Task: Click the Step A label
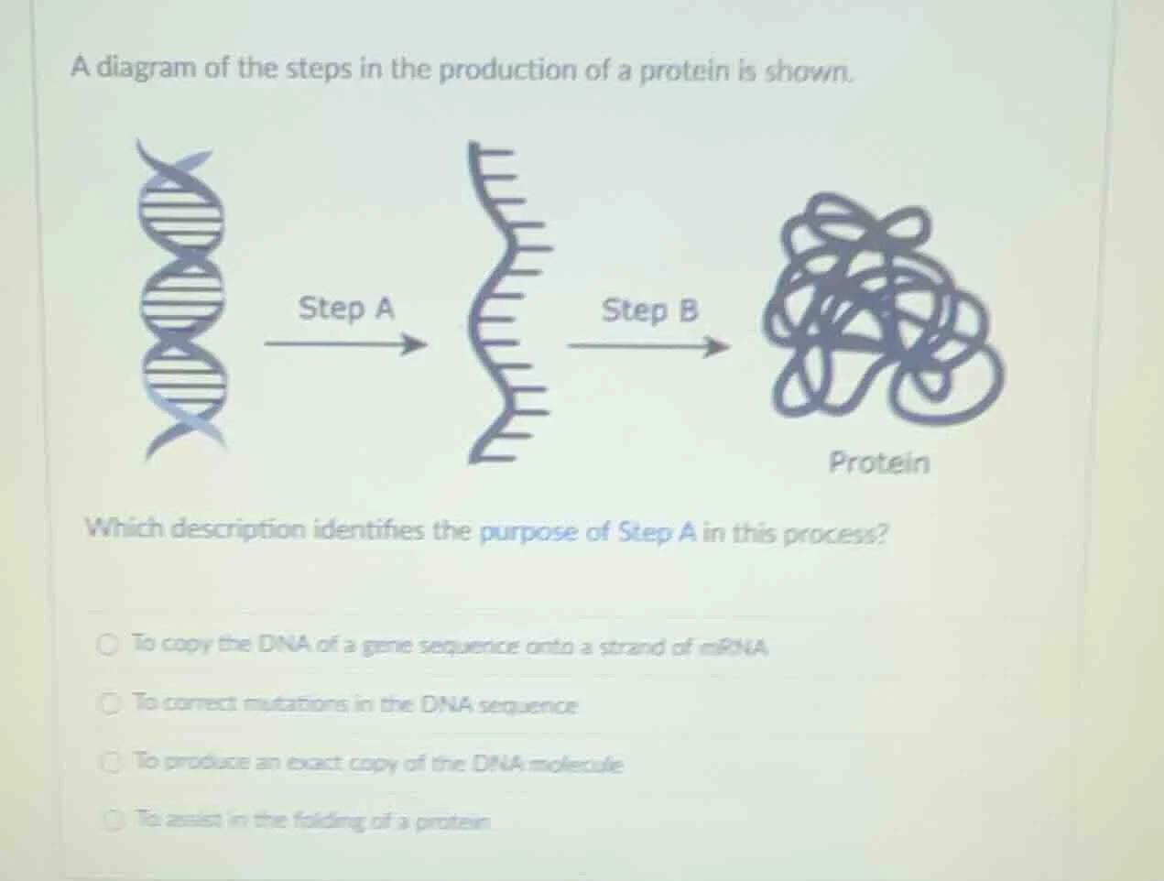(x=346, y=309)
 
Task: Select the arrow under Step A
(x=346, y=345)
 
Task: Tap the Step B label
(x=649, y=310)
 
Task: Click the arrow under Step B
(x=648, y=347)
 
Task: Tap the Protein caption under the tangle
(x=878, y=462)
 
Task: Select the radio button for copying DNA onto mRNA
(x=109, y=644)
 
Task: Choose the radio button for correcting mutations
(x=111, y=703)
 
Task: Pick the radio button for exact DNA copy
(x=111, y=760)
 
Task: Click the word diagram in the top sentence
(x=146, y=69)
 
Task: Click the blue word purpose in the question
(x=528, y=531)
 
